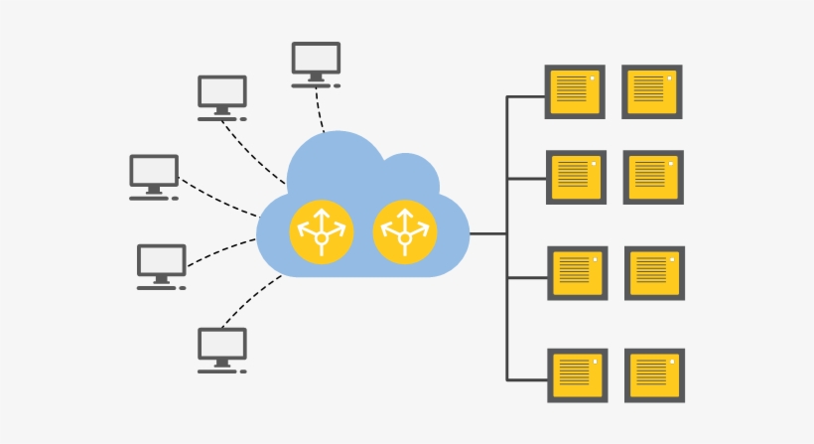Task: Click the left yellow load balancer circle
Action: (x=320, y=233)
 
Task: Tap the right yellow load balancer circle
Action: (x=404, y=233)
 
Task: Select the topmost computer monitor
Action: (x=316, y=60)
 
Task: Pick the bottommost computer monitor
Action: (x=221, y=346)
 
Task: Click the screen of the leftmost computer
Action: (x=154, y=171)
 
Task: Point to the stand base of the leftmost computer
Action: (x=150, y=198)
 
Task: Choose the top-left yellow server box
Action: (x=575, y=91)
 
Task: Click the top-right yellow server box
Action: (x=652, y=91)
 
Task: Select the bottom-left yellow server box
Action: (x=577, y=374)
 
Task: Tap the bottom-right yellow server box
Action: (x=654, y=374)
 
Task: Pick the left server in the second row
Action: (x=576, y=177)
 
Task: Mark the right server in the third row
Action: (x=654, y=273)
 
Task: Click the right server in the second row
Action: (x=653, y=177)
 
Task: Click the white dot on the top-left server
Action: (x=593, y=77)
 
